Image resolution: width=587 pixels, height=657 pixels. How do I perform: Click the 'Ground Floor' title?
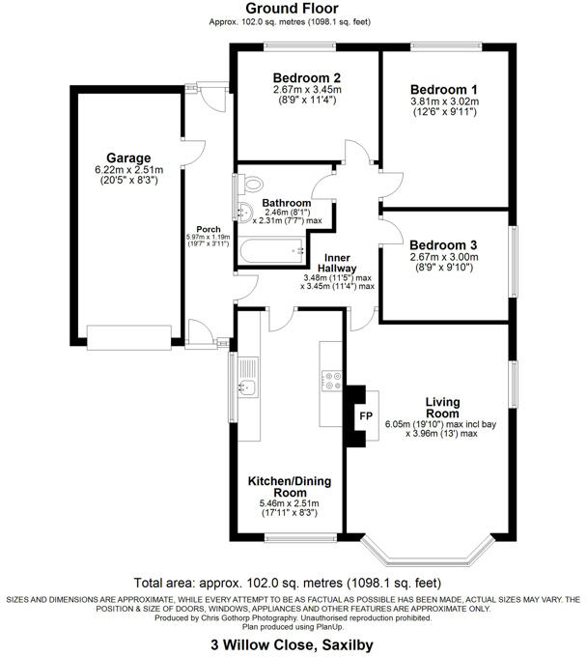pyautogui.click(x=293, y=8)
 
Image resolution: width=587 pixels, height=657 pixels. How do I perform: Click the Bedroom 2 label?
pyautogui.click(x=306, y=78)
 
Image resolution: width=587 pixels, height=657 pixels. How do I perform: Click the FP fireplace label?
pyautogui.click(x=366, y=416)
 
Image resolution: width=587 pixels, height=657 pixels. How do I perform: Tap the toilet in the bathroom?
pyautogui.click(x=251, y=185)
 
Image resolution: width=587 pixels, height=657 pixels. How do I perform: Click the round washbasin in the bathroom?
pyautogui.click(x=242, y=214)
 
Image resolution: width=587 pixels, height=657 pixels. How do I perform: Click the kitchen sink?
pyautogui.click(x=246, y=387)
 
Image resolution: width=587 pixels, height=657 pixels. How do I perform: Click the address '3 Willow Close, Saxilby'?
pyautogui.click(x=293, y=643)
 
